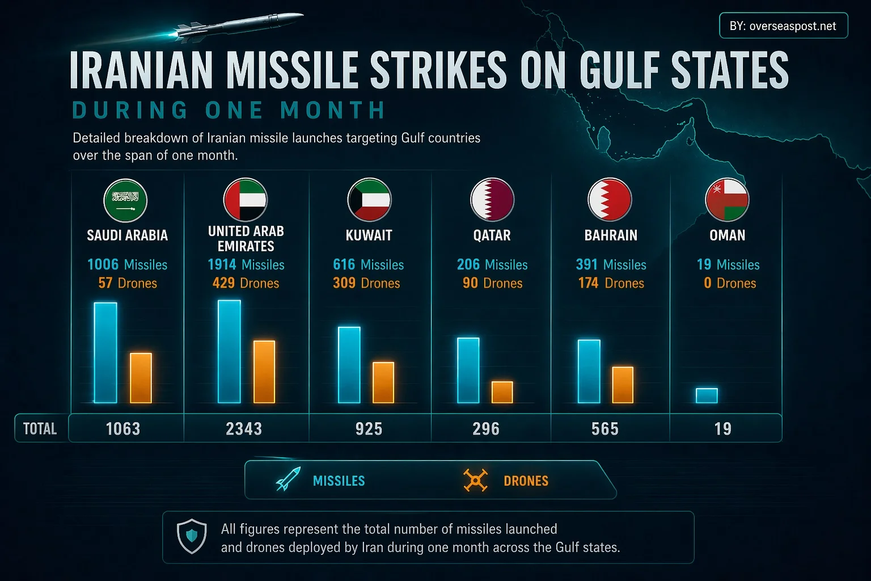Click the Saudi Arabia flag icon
pyautogui.click(x=125, y=200)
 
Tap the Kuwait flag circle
pyautogui.click(x=369, y=200)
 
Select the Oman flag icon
pyautogui.click(x=727, y=200)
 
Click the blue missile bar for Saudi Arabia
pyautogui.click(x=105, y=352)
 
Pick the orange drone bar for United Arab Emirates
pyautogui.click(x=264, y=372)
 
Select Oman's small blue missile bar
pyautogui.click(x=707, y=395)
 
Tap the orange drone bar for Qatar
pyautogui.click(x=502, y=392)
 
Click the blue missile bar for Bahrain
pyautogui.click(x=589, y=371)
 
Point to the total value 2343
pyautogui.click(x=244, y=428)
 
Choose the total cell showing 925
pyautogui.click(x=369, y=428)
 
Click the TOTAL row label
pyautogui.click(x=40, y=428)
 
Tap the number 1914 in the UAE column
pyautogui.click(x=222, y=264)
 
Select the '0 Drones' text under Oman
pyautogui.click(x=730, y=283)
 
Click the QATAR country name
pyautogui.click(x=492, y=235)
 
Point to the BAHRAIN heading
pyautogui.click(x=611, y=235)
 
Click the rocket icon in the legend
pyautogui.click(x=288, y=479)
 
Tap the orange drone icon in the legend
pyautogui.click(x=475, y=480)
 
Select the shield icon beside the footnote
pyautogui.click(x=192, y=536)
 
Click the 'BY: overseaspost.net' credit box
pyautogui.click(x=783, y=26)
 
